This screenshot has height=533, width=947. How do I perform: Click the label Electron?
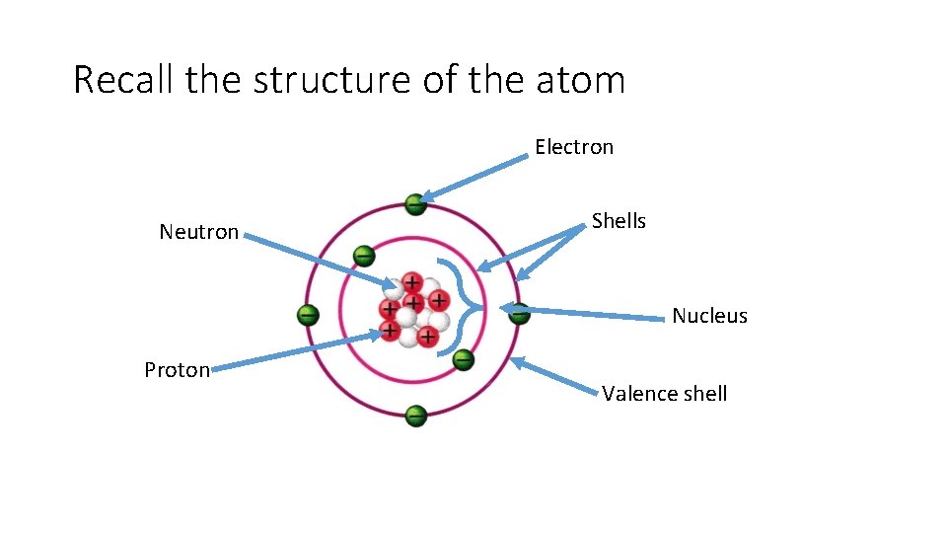[574, 147]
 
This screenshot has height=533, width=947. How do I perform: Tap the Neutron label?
[199, 232]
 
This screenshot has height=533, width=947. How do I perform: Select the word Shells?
[619, 221]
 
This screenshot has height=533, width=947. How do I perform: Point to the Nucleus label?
[709, 316]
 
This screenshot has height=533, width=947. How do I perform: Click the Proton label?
[177, 370]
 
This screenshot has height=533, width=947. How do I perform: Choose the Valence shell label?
[665, 394]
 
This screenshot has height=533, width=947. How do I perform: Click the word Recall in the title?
[123, 79]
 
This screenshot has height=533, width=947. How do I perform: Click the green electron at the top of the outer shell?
[415, 204]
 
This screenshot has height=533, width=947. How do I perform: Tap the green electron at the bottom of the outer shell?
[415, 416]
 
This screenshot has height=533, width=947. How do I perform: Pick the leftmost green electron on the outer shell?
[308, 316]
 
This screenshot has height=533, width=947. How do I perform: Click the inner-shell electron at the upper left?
[364, 256]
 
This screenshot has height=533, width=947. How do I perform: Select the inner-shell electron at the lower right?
[463, 359]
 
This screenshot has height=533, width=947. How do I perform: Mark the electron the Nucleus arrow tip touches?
[517, 312]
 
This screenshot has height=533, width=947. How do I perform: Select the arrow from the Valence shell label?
[557, 377]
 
